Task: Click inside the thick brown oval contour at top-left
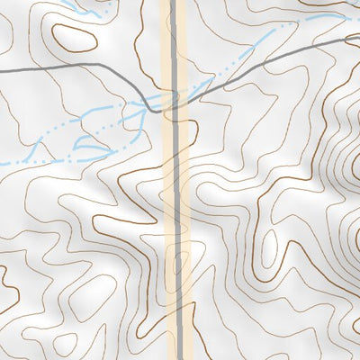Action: [x=74, y=37]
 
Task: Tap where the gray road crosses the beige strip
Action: [x=175, y=100]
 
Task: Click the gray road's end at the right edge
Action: [x=357, y=40]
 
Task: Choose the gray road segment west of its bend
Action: [x=72, y=67]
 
